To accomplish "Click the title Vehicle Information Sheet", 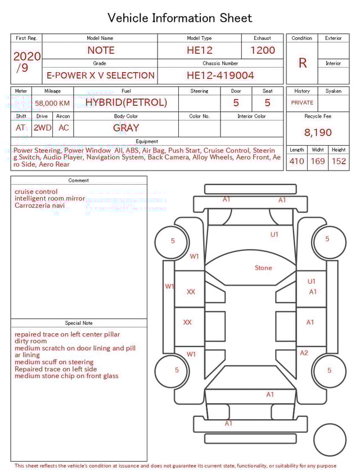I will [179, 18].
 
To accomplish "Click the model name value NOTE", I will [101, 50].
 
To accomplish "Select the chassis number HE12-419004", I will [220, 75].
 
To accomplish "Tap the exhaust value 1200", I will [262, 50].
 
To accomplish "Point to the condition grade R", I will [302, 63].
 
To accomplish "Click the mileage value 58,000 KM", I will [52, 103].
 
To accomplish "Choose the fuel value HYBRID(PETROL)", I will [126, 102].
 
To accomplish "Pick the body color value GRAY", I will [126, 128].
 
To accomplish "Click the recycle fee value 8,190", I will [318, 132].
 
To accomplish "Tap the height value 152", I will [339, 161].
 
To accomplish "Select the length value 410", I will [296, 161].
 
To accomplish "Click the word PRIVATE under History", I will [302, 103].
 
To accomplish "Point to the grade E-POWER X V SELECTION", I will [101, 75].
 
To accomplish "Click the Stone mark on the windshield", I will [263, 268].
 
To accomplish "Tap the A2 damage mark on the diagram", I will [304, 353].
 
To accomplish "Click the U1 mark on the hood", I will [274, 234].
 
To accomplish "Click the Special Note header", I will [79, 323].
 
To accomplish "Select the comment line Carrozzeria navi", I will [39, 205].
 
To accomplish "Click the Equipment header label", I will [147, 141].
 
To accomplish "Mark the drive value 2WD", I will [42, 128].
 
